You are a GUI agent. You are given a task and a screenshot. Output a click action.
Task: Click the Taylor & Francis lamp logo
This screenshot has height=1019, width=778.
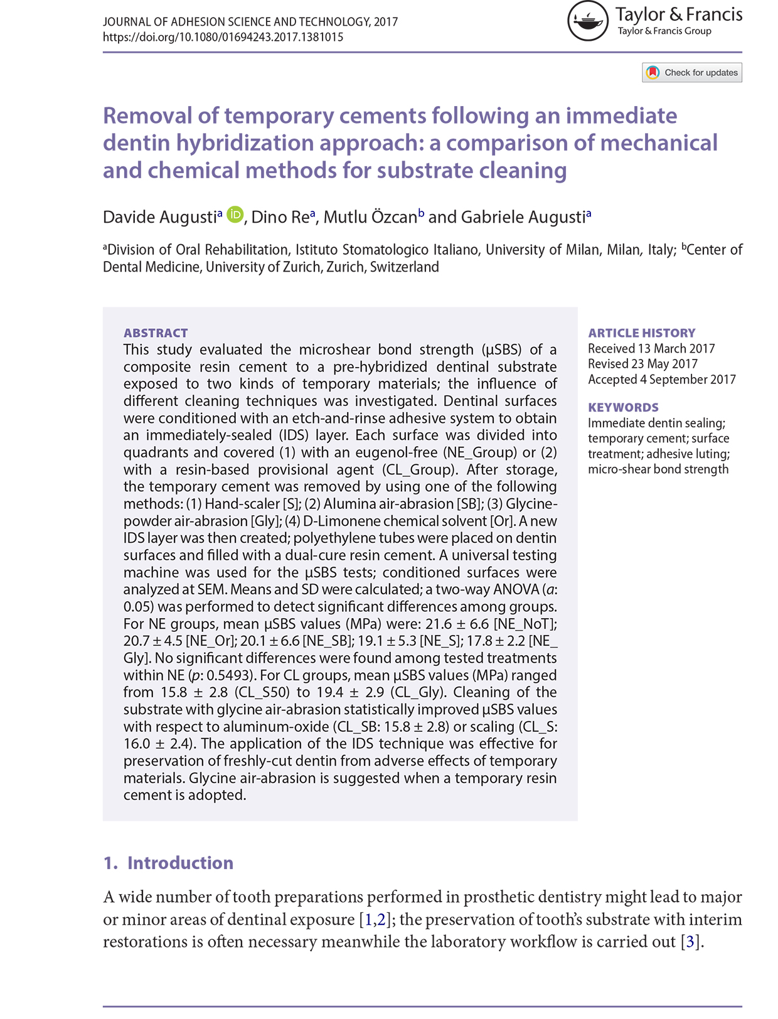(588, 21)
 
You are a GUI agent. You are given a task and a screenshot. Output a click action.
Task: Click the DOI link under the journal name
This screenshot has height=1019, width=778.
(223, 37)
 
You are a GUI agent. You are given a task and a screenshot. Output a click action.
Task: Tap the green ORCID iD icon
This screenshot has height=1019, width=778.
(235, 215)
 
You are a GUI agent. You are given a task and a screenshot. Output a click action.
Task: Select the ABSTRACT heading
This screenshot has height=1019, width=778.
(156, 333)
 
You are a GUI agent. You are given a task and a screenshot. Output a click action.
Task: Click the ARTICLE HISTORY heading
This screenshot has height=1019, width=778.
(641, 333)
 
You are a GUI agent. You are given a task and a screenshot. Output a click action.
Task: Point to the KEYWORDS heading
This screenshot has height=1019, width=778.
(623, 407)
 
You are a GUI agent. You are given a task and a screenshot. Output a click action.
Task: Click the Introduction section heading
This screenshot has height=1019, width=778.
(180, 863)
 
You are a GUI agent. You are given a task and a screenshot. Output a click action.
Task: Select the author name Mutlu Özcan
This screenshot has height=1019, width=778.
(370, 217)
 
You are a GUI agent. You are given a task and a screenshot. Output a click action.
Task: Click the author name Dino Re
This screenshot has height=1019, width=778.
(280, 217)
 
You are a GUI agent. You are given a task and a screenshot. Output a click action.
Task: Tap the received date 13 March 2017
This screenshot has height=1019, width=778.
(676, 349)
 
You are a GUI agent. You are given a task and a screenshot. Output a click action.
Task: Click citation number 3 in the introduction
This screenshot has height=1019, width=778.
(691, 942)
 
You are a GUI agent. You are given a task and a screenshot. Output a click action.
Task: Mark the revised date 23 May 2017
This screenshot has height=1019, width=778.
(664, 364)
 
